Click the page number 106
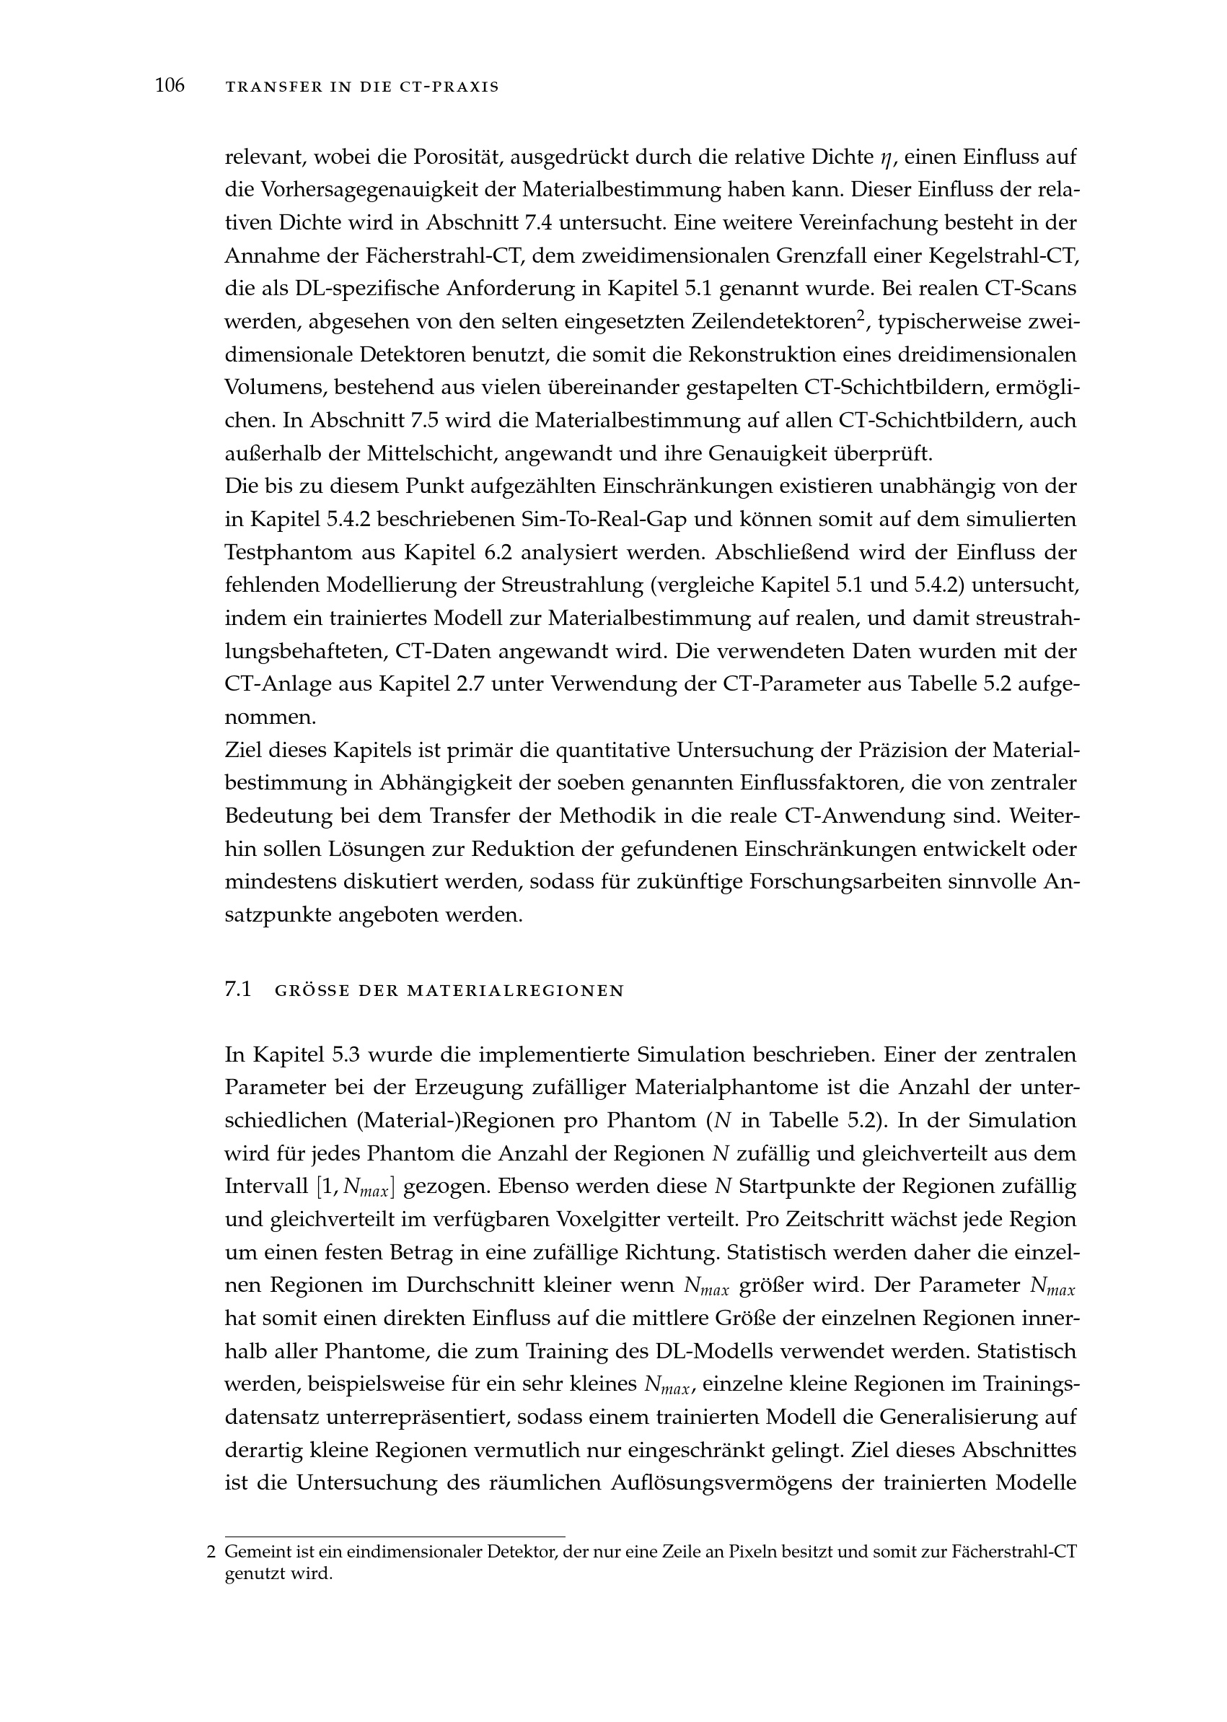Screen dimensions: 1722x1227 (170, 86)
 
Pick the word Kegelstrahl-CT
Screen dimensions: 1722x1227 (1001, 256)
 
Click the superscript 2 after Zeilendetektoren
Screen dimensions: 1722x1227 (860, 316)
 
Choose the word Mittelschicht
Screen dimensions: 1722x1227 (431, 453)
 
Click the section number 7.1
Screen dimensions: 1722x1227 (237, 990)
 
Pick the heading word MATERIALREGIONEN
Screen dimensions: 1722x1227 (515, 991)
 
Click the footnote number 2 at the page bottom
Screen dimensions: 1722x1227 (211, 1553)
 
